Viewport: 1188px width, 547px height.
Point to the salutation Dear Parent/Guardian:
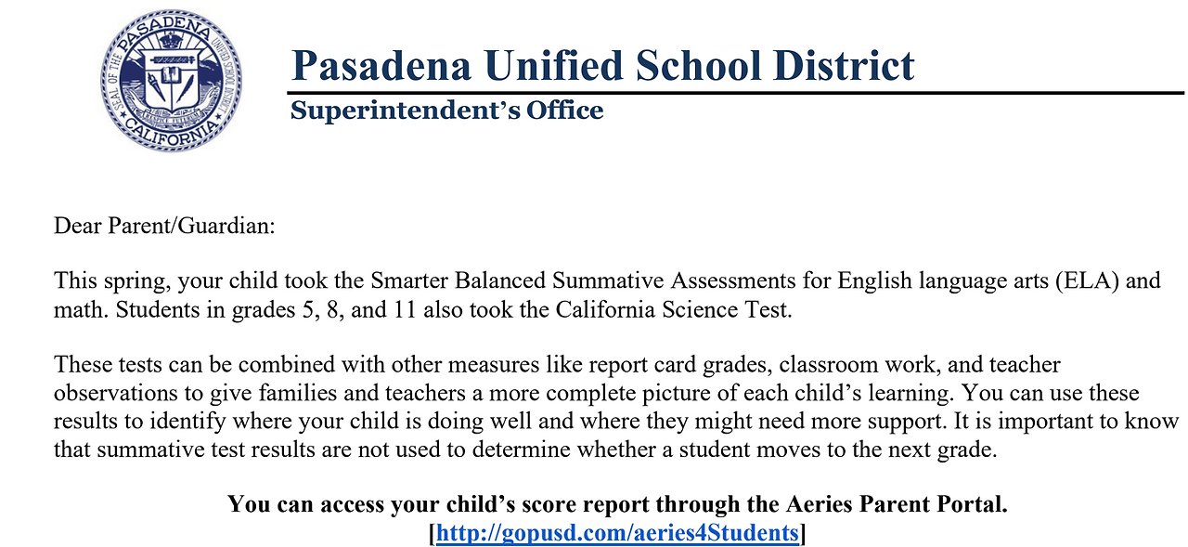point(165,226)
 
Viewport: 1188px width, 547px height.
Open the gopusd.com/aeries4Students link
point(617,533)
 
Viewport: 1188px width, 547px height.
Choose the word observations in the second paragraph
point(110,393)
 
